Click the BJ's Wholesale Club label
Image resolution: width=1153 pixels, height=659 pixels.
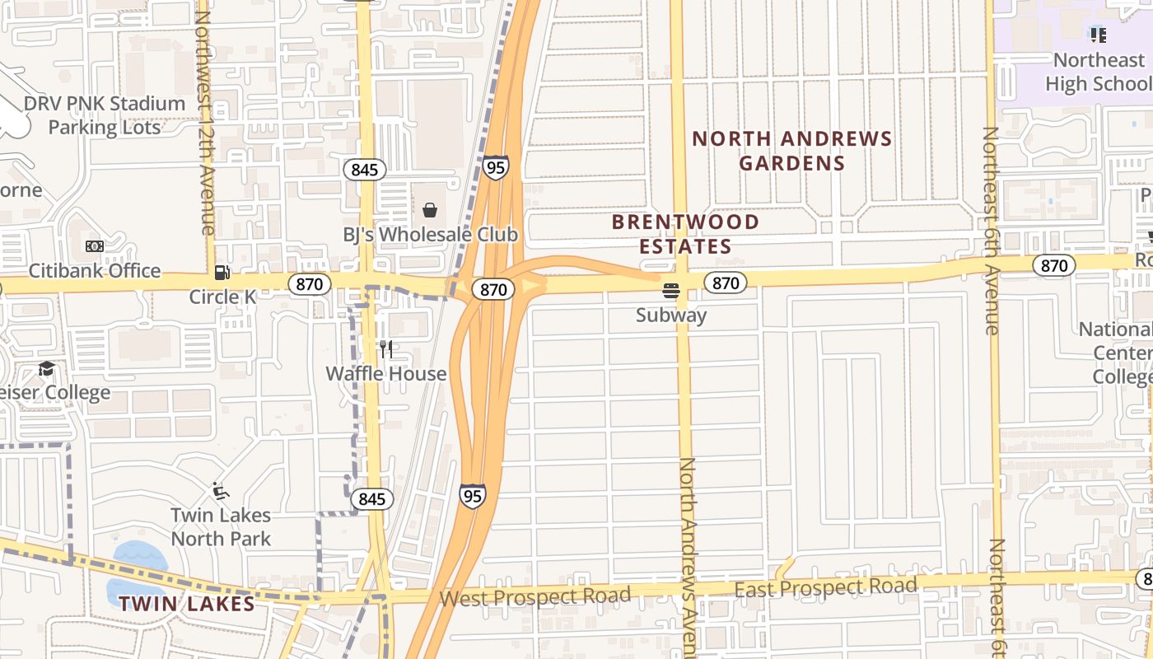tap(430, 235)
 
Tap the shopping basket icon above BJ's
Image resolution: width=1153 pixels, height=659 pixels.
tap(429, 210)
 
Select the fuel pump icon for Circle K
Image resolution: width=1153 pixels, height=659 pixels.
tap(222, 272)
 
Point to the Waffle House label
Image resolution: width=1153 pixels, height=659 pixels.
tap(385, 373)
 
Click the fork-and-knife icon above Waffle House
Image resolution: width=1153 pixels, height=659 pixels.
tap(385, 349)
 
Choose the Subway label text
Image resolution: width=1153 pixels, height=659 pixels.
tap(671, 315)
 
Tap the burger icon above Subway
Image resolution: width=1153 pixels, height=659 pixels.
tap(671, 291)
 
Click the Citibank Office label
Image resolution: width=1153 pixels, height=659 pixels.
tap(95, 270)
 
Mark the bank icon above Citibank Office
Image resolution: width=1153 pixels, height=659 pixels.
tap(95, 246)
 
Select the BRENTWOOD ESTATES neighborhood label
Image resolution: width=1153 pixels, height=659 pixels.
tap(685, 234)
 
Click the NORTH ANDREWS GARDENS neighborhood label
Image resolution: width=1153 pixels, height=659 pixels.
tap(791, 151)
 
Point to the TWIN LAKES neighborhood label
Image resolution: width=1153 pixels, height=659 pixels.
tap(186, 604)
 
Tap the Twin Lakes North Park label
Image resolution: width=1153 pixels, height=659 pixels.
tap(221, 526)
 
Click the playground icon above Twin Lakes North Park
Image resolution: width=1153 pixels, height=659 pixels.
tap(220, 492)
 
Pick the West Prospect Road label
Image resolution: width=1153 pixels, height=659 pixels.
tap(535, 596)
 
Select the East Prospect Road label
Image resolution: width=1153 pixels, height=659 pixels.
tap(825, 587)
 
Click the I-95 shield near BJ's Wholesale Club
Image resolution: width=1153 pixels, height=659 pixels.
tap(495, 167)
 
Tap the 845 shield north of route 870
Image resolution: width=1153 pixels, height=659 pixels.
tap(364, 170)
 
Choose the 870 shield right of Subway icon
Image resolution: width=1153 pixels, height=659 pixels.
tap(725, 283)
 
